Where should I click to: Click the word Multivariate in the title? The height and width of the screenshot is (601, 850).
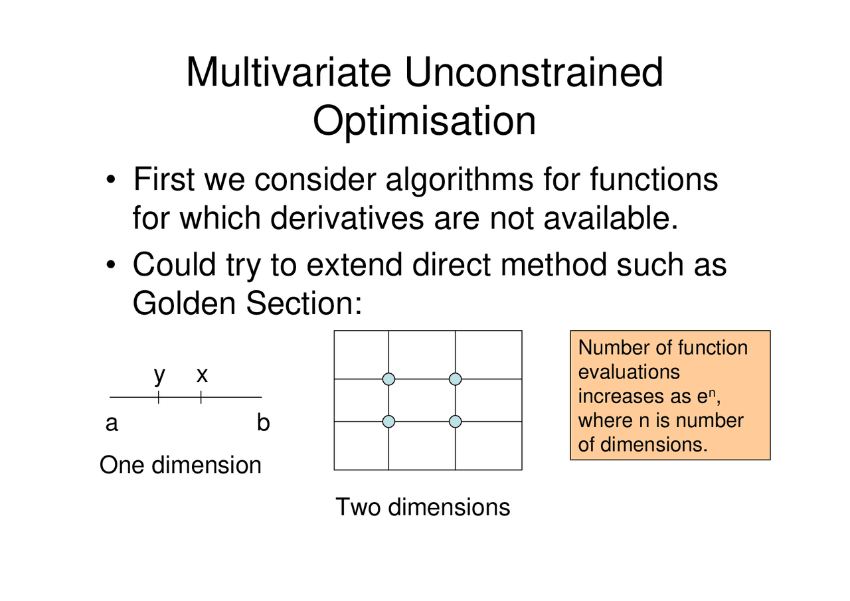tap(288, 72)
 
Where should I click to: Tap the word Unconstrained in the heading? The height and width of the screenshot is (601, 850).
tap(534, 72)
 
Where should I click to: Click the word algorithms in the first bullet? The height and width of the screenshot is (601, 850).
tap(460, 180)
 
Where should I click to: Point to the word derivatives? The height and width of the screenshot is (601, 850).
tap(347, 218)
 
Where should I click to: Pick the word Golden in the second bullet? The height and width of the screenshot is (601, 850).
tap(184, 303)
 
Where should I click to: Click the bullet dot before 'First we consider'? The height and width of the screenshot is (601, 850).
tap(110, 179)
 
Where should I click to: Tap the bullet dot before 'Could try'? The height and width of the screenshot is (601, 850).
tap(110, 264)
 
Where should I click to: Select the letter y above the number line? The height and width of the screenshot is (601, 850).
tap(160, 377)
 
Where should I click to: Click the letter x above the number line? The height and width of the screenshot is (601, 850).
tap(203, 375)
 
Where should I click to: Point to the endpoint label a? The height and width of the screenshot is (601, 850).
tap(112, 424)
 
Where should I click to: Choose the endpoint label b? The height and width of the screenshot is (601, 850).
tap(263, 422)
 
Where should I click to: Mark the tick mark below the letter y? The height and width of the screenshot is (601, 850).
tap(158, 397)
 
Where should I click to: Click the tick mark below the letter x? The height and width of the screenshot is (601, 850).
tap(201, 397)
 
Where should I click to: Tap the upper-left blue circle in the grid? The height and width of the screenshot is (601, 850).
tap(388, 379)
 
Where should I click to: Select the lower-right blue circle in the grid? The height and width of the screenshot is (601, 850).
tap(456, 422)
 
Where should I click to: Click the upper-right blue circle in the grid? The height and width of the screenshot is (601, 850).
tap(456, 379)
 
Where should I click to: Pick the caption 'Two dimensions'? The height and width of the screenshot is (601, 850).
tap(423, 507)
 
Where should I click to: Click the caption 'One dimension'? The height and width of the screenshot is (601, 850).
tap(181, 465)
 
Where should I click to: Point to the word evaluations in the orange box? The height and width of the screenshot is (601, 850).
tap(629, 372)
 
